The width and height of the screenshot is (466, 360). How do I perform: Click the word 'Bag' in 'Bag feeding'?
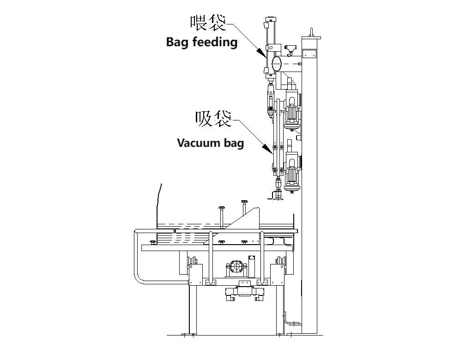click(177, 42)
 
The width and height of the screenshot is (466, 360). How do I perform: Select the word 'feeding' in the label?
click(215, 42)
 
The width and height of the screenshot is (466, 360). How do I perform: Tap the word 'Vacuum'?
click(197, 143)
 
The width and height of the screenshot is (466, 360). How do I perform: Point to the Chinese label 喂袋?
click(208, 23)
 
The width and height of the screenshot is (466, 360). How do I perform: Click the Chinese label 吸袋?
click(213, 119)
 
